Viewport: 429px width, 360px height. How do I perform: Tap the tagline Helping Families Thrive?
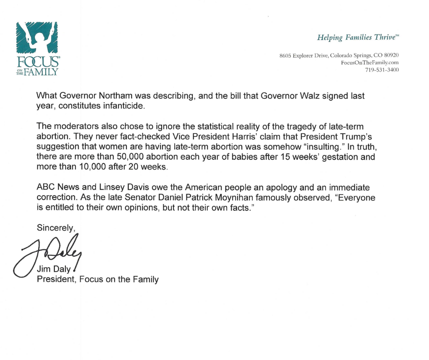pyautogui.click(x=358, y=38)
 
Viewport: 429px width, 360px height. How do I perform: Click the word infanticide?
pyautogui.click(x=124, y=106)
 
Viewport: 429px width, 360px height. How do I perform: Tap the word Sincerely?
pyautogui.click(x=56, y=228)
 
